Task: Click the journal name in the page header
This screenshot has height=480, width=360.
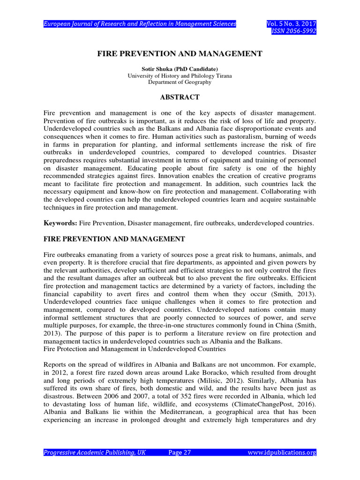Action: [x=140, y=24]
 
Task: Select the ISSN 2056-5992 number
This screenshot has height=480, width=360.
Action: [x=294, y=31]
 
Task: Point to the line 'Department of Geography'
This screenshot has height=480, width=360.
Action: [x=180, y=82]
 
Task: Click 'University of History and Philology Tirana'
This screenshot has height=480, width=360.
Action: [x=180, y=75]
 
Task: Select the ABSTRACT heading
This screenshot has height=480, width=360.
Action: [x=180, y=97]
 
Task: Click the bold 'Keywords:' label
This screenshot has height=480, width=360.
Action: [x=60, y=224]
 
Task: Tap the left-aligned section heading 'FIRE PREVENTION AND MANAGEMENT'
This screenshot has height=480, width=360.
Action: [x=114, y=239]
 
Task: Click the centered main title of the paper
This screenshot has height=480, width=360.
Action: [x=180, y=54]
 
